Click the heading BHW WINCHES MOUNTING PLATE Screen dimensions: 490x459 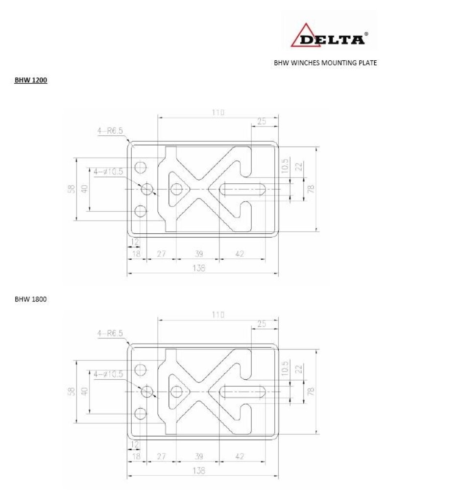tap(325, 63)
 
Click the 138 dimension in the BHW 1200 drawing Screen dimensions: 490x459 tap(198, 268)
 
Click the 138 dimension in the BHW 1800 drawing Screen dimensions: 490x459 tap(198, 471)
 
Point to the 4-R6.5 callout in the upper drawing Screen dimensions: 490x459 tap(109, 131)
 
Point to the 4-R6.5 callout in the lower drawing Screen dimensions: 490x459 tap(109, 333)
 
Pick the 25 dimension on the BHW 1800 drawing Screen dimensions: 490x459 tap(261, 324)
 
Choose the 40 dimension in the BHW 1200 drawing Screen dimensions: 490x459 tap(84, 188)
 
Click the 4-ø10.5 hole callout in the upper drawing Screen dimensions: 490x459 tap(108, 171)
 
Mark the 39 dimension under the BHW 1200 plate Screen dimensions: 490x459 tap(198, 253)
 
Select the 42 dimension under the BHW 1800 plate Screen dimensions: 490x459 tap(240, 456)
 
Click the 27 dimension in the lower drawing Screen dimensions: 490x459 tap(161, 456)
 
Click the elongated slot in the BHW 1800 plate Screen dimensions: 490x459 tap(243, 392)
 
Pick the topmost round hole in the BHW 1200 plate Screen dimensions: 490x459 tap(141, 167)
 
